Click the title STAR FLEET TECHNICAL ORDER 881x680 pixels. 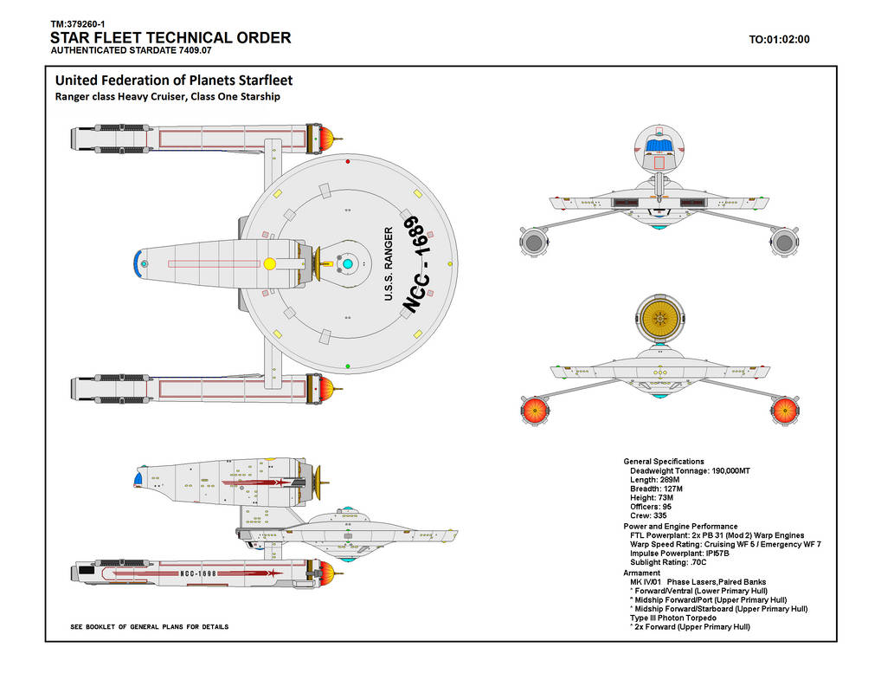pyautogui.click(x=170, y=38)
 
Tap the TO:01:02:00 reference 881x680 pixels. pyautogui.click(x=779, y=39)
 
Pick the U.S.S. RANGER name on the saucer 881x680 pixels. pyautogui.click(x=389, y=265)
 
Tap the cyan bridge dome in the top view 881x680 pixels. pyautogui.click(x=346, y=263)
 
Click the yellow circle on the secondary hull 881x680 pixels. pyautogui.click(x=269, y=263)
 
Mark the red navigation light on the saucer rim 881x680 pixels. pyautogui.click(x=347, y=161)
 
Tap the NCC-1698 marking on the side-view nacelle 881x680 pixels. pyautogui.click(x=197, y=573)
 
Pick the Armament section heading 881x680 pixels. pyautogui.click(x=642, y=573)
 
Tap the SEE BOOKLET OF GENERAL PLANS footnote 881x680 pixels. pyautogui.click(x=149, y=626)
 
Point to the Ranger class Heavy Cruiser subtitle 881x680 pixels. pyautogui.click(x=168, y=96)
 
